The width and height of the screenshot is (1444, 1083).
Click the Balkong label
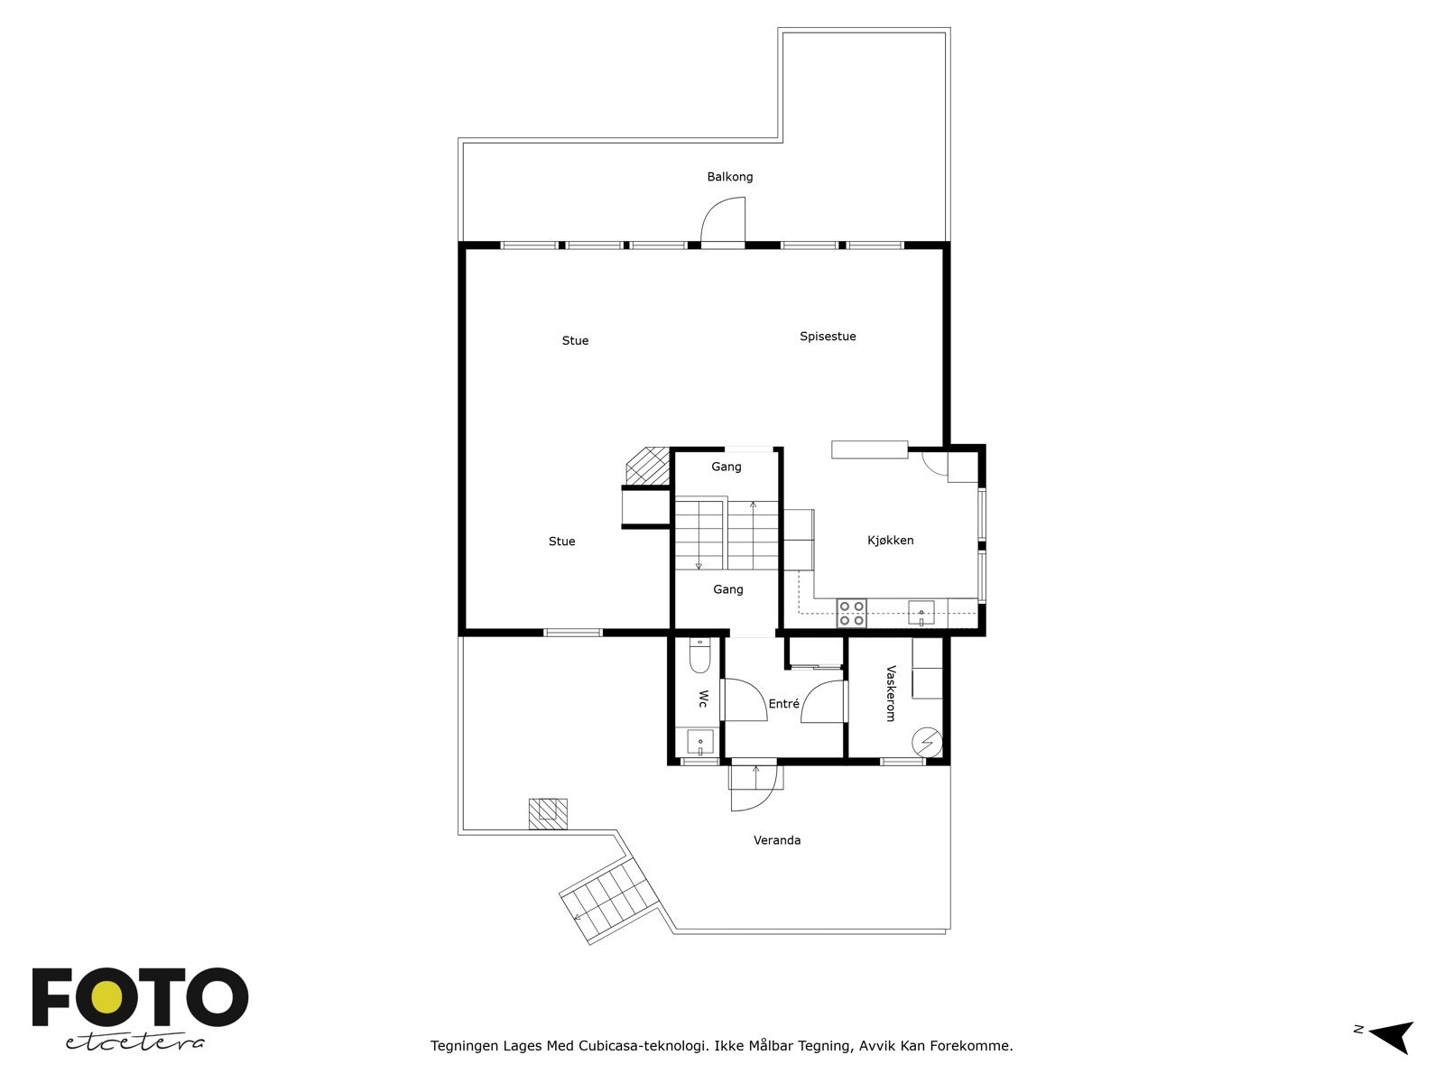729,177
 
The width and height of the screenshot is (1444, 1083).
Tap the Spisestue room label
828,337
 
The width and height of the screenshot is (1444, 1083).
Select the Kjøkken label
890,541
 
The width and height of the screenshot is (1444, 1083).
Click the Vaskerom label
891,693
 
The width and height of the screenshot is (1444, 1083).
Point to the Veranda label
777,840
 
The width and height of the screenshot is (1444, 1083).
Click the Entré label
783,704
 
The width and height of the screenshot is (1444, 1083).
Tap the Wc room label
702,699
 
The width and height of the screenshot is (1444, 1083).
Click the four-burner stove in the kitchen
851,614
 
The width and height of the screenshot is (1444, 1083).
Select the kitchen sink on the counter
921,613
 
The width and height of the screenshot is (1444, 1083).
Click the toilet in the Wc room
699,656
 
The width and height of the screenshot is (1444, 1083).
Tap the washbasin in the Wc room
700,743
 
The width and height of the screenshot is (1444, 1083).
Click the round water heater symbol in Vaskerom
926,741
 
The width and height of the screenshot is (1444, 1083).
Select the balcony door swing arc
723,221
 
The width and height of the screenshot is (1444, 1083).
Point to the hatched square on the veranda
548,813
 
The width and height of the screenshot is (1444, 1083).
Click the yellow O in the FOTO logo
108,997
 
